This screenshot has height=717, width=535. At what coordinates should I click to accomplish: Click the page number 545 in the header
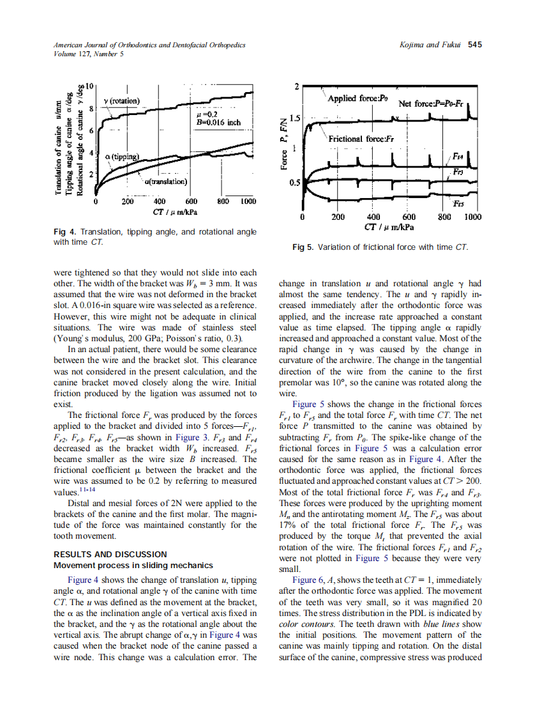[474, 45]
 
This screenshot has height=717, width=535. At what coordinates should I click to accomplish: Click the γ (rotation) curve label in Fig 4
[126, 101]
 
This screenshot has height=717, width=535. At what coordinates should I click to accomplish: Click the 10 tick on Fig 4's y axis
[90, 86]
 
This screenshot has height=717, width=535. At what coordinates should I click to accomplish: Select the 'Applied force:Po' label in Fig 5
[358, 98]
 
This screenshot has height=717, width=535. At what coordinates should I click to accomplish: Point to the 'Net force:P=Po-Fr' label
[432, 103]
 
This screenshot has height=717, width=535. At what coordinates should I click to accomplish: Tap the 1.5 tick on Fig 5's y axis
[294, 118]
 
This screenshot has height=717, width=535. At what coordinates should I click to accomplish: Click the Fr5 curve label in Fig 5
[458, 204]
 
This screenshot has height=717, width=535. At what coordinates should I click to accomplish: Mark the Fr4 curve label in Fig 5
[458, 156]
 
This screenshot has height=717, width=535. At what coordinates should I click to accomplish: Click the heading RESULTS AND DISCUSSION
[110, 554]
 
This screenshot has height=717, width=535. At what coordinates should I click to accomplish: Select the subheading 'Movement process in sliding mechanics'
[133, 565]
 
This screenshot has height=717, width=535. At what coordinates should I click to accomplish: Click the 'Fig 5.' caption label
[303, 247]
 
